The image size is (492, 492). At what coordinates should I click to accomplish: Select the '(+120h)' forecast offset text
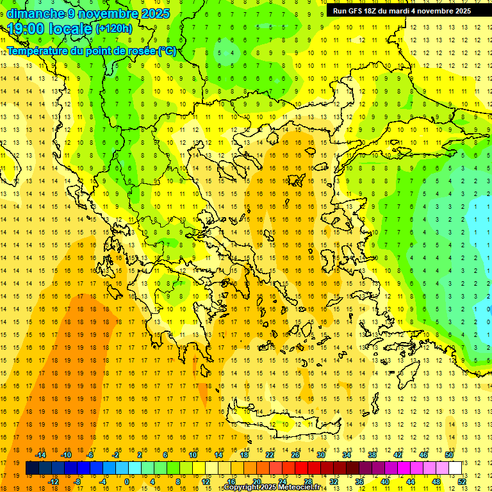click(114, 29)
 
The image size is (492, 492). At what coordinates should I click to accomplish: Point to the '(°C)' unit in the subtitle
click(167, 51)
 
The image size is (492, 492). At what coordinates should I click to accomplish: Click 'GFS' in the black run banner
click(355, 11)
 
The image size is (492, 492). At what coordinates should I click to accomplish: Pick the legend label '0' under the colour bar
click(127, 482)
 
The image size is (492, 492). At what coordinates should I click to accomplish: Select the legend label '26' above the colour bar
click(295, 454)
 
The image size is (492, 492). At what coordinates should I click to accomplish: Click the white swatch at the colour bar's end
click(454, 468)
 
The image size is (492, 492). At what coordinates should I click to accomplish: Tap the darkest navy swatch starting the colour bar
click(32, 468)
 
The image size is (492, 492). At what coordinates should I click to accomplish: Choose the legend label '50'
click(448, 454)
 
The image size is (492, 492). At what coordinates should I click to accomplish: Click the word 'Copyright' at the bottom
click(241, 488)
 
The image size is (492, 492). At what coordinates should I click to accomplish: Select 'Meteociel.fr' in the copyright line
click(300, 488)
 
